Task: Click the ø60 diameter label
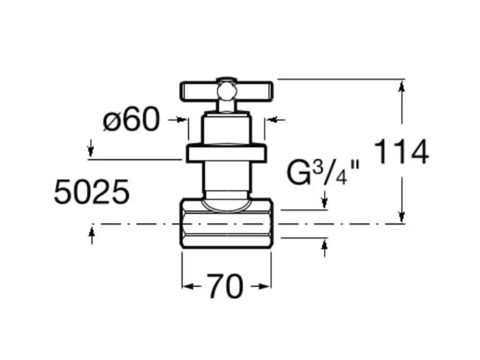[x=131, y=119]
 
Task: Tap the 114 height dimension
[x=401, y=152]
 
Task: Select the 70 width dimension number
[x=226, y=286]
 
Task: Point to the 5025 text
[x=92, y=192]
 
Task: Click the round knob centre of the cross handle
[x=227, y=91]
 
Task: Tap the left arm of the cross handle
[x=199, y=92]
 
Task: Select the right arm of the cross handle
[x=254, y=92]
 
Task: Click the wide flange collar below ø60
[x=227, y=153]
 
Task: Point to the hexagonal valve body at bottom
[x=227, y=224]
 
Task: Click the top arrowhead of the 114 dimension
[x=402, y=86]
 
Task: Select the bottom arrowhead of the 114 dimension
[x=402, y=217]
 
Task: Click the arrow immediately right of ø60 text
[x=178, y=119]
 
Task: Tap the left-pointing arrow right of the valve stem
[x=275, y=119]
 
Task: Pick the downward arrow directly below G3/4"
[x=325, y=199]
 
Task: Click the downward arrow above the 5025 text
[x=91, y=148]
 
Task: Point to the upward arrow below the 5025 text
[x=92, y=235]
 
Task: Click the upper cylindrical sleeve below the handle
[x=227, y=129]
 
